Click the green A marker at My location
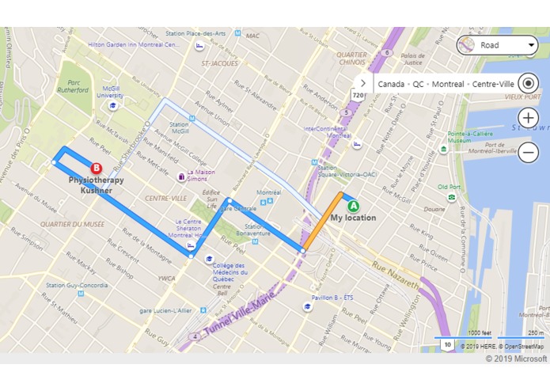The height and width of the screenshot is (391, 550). [x=354, y=206]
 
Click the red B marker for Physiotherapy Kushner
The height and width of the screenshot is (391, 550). [x=97, y=168]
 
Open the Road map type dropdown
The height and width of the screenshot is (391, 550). [x=498, y=45]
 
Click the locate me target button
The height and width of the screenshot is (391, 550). [x=529, y=83]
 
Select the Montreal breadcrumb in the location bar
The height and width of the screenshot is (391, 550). [x=448, y=83]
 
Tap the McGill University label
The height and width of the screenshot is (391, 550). [x=110, y=92]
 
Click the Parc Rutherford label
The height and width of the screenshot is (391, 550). [x=78, y=85]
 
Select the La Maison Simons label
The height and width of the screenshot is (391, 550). [x=200, y=174]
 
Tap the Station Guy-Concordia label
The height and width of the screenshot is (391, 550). [x=77, y=285]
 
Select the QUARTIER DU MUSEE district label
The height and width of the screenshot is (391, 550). [x=72, y=224]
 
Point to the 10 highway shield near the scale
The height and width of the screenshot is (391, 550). [x=447, y=345]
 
